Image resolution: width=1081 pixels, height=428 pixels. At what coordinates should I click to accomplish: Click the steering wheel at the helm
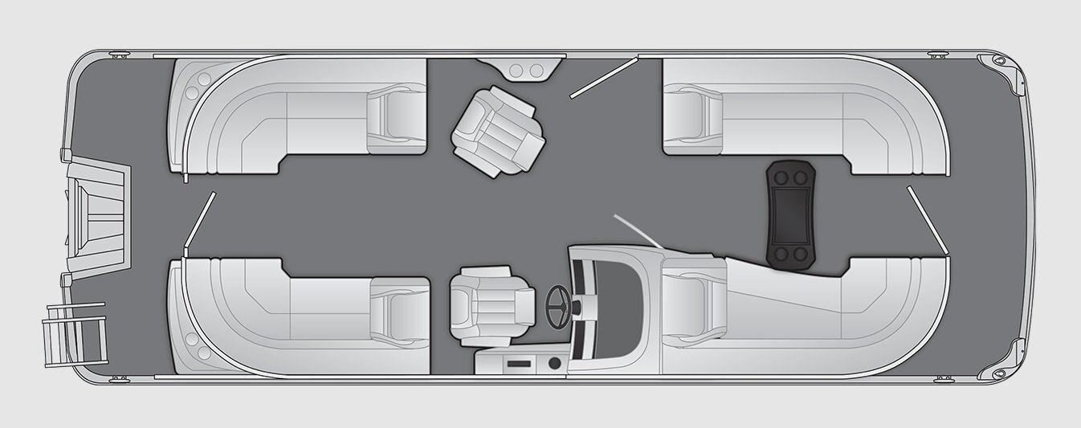[x=558, y=304]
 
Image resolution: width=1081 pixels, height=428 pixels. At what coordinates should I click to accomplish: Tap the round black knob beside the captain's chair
[x=553, y=364]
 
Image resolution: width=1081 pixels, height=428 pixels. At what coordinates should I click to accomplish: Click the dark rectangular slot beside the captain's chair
[x=518, y=365]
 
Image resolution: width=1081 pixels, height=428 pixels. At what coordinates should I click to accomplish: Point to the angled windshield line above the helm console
[x=638, y=231]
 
